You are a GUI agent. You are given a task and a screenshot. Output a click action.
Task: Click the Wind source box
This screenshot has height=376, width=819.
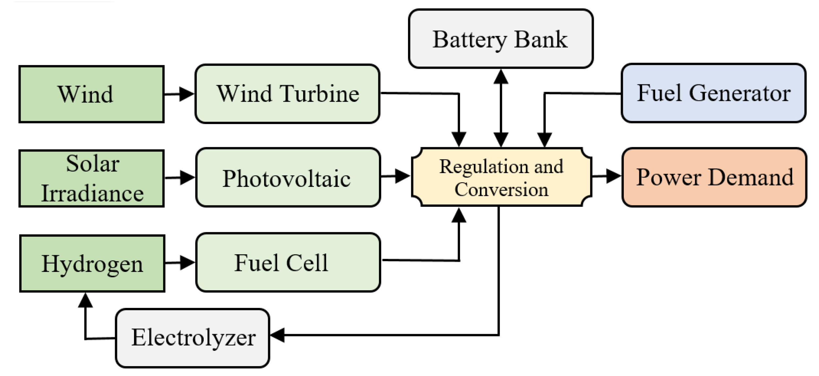[x=91, y=94]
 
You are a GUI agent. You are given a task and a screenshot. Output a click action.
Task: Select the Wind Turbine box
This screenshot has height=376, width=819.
[x=287, y=94]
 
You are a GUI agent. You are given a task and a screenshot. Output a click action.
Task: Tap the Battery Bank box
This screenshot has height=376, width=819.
[x=501, y=39]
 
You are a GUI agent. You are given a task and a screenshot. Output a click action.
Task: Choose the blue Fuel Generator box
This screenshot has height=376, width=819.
[x=713, y=93]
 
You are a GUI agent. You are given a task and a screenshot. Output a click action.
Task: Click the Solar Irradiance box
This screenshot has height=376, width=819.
[x=91, y=178]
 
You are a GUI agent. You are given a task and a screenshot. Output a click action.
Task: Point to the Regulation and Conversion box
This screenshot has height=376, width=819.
[x=502, y=177]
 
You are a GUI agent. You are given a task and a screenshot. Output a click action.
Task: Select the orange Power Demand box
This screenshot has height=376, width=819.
[x=714, y=177]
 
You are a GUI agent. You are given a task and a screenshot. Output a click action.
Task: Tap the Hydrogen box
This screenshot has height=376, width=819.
[x=92, y=263]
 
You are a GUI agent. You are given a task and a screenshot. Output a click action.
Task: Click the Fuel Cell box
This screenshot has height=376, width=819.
[x=288, y=262]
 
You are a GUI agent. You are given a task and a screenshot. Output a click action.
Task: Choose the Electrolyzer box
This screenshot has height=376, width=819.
[x=193, y=338]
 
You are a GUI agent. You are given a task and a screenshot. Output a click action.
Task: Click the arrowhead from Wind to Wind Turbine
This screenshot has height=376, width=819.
[x=186, y=94]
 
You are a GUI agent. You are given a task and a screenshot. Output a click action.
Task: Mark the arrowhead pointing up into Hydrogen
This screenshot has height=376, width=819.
[x=85, y=300]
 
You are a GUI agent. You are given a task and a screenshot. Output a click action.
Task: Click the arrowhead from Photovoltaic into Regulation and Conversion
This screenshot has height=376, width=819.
[x=402, y=176]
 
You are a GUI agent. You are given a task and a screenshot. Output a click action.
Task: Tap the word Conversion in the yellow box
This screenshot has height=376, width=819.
[x=501, y=189]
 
